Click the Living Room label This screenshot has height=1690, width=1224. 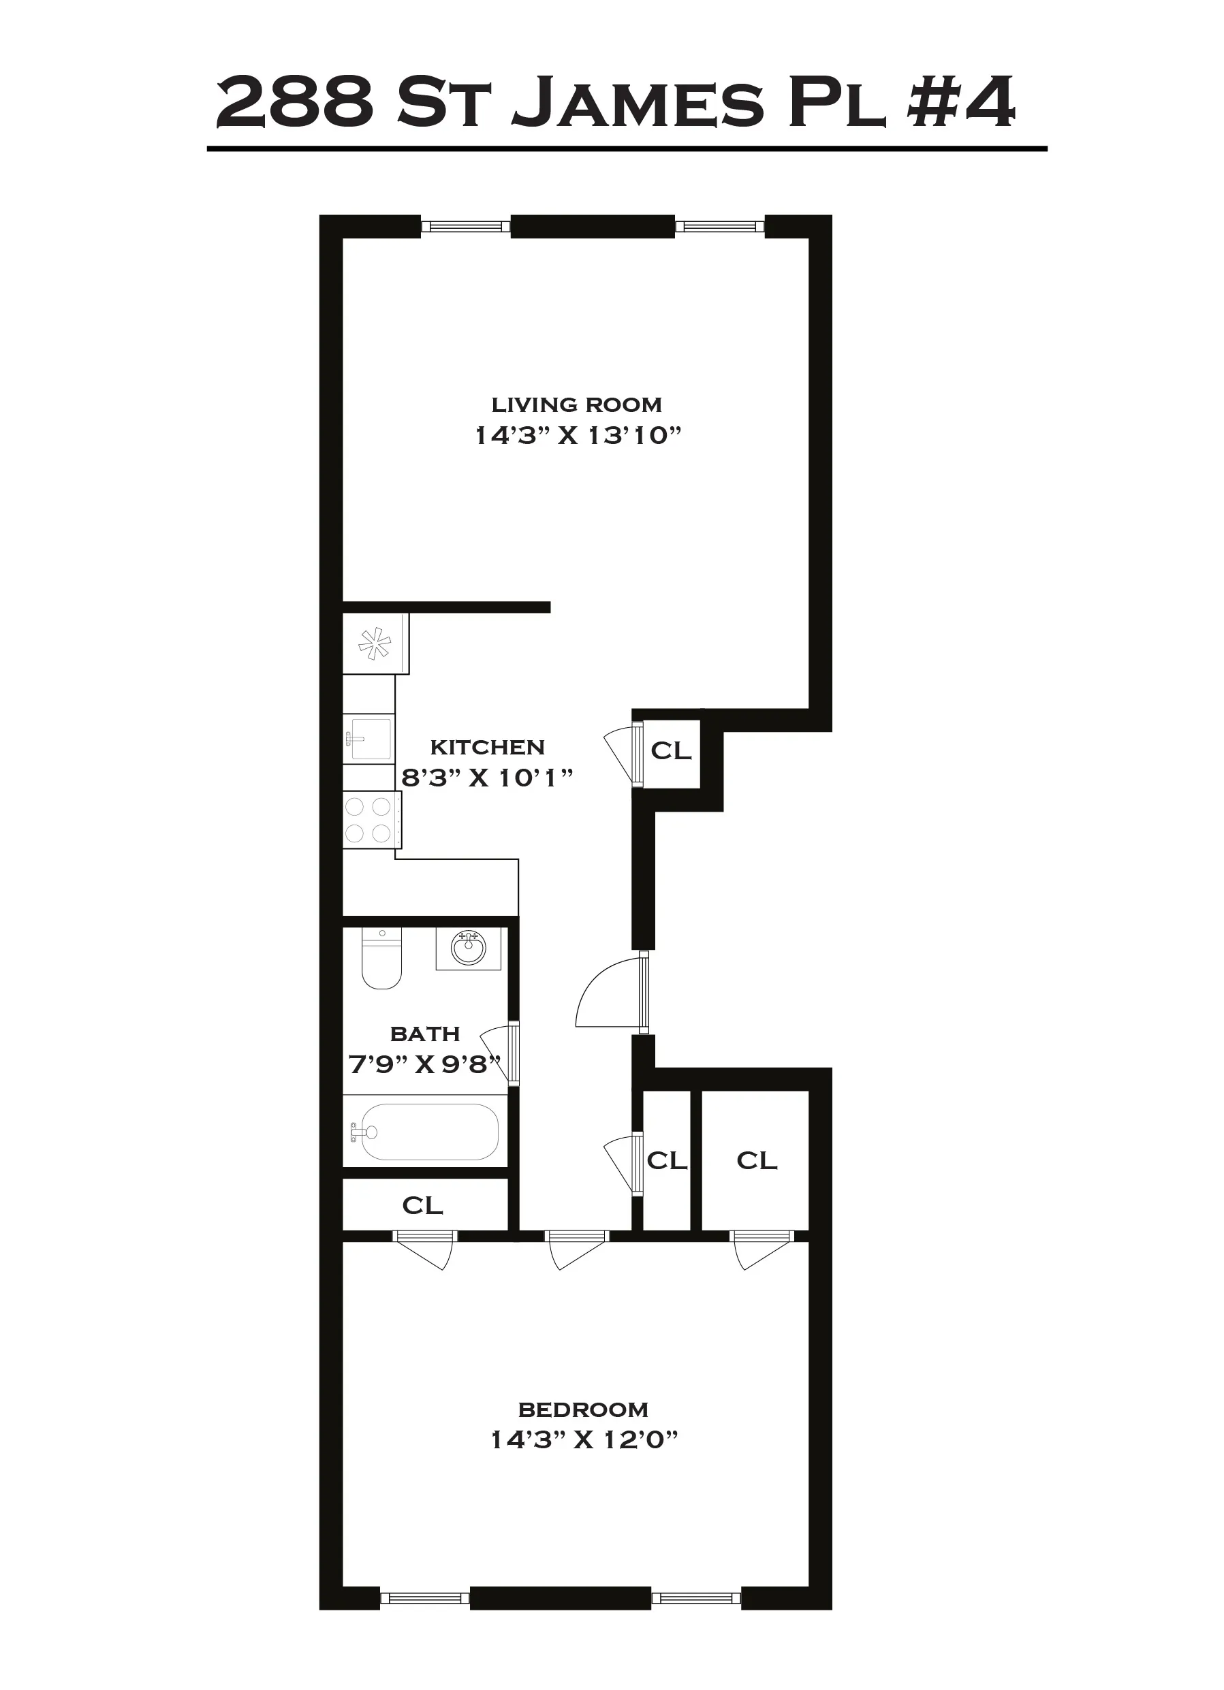coord(576,404)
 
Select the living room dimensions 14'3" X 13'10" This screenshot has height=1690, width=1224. coord(578,435)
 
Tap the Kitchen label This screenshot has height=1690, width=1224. coord(488,747)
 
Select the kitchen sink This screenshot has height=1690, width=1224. coord(368,739)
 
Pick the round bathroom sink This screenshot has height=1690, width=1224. coord(468,948)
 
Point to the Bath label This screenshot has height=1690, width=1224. coord(425,1034)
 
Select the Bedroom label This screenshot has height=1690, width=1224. coord(583,1410)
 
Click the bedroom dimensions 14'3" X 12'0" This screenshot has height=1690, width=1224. coord(584,1439)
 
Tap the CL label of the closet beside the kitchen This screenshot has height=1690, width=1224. coord(671,751)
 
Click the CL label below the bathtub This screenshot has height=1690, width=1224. coord(423,1205)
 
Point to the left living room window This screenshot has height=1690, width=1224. coord(465,227)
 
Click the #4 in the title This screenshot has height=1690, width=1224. coord(962,102)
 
